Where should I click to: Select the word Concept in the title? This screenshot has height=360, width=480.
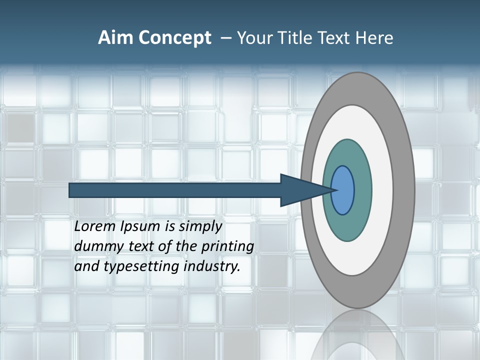[x=175, y=37]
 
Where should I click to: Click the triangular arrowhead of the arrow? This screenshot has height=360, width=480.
[x=300, y=190]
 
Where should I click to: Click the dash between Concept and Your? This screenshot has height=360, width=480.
[x=225, y=38]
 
